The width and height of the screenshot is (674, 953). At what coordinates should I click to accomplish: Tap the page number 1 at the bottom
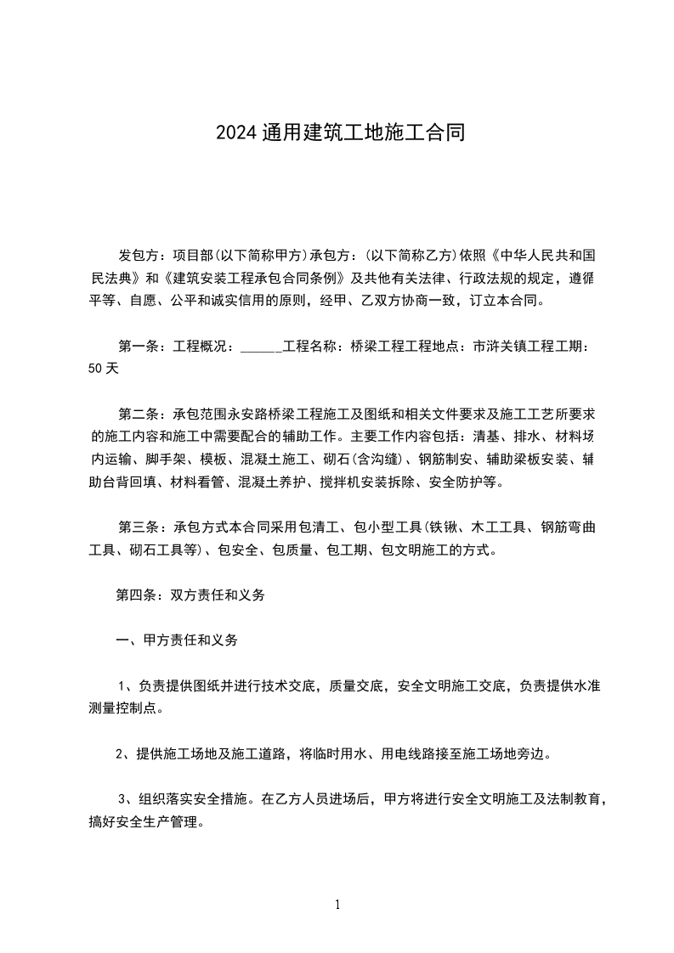[337, 905]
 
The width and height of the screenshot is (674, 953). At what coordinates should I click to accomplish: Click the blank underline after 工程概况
[262, 347]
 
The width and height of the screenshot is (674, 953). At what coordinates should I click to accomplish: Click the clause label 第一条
[137, 347]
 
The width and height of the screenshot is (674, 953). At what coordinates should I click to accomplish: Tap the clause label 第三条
[137, 527]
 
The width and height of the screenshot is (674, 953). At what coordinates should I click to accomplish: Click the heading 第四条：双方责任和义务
[190, 595]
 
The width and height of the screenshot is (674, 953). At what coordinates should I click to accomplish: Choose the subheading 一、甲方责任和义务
[177, 640]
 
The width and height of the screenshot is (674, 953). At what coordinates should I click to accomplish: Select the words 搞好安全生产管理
[146, 821]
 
